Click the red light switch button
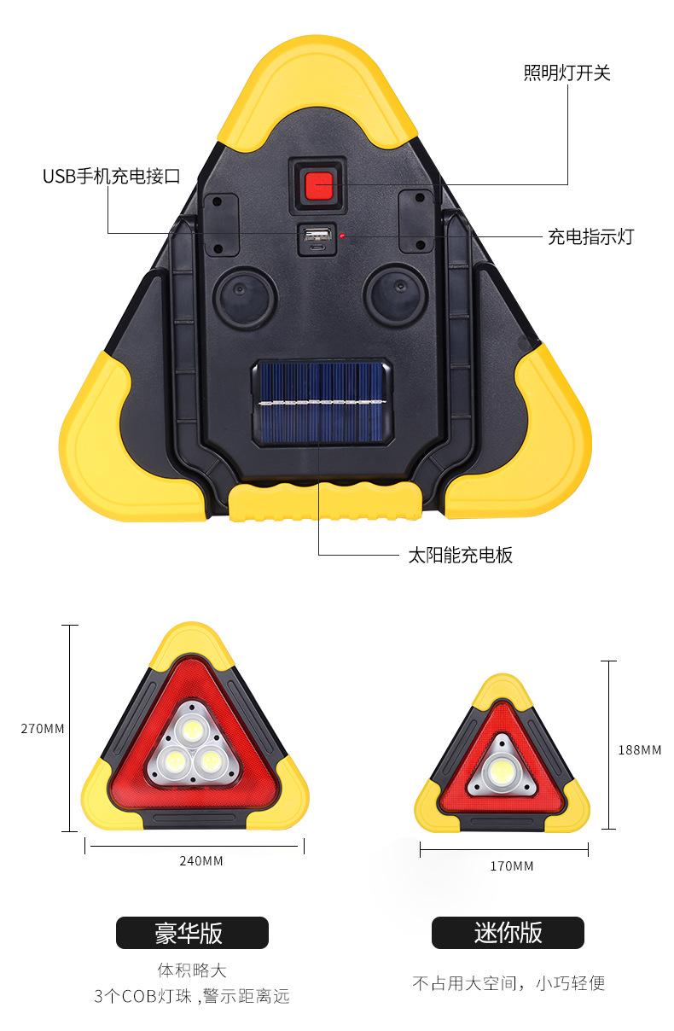pos(318,183)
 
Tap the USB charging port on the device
pos(313,236)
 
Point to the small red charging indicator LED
pos(340,235)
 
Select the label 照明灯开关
pos(567,73)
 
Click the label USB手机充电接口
pos(112,177)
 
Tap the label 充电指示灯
pos(590,237)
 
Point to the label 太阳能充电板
pos(460,556)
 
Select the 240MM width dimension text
pos(201,860)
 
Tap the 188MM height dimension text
pos(639,750)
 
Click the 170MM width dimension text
pos(512,866)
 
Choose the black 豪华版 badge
pos(192,933)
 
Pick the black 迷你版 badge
pos(508,933)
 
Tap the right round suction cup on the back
pos(394,296)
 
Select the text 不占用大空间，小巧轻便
pos(508,983)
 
